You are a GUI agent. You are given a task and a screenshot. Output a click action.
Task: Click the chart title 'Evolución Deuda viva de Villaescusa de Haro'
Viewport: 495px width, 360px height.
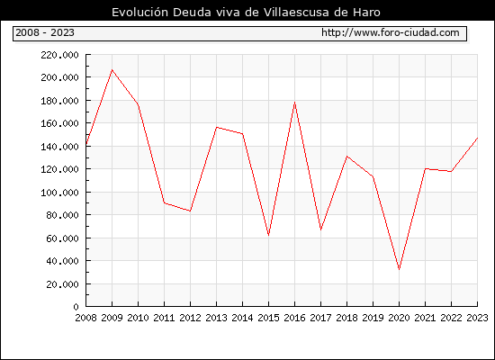(246, 13)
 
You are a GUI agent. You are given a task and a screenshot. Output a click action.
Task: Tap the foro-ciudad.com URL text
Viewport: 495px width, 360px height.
(391, 32)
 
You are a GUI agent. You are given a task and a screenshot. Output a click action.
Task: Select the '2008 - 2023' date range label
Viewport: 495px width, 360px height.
(45, 32)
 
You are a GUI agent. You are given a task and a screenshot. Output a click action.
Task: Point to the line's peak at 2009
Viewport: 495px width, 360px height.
(112, 70)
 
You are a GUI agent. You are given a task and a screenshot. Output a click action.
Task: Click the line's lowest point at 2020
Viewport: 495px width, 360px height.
(400, 269)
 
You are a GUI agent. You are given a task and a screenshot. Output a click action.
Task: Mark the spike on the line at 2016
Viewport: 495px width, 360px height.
(294, 103)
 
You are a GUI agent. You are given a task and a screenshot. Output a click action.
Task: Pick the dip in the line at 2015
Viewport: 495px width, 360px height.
(269, 235)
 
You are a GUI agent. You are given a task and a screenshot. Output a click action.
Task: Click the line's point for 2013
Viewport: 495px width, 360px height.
(217, 127)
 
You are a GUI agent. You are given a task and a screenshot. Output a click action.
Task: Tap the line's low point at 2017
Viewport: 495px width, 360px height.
(320, 229)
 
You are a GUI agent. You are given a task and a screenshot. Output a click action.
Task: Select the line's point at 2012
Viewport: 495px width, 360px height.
(191, 211)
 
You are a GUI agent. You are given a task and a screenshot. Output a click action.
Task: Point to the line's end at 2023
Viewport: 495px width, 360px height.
(477, 138)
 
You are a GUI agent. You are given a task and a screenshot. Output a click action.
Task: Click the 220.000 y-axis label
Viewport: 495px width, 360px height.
(59, 55)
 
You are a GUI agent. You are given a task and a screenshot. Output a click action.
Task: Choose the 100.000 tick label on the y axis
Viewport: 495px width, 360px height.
(59, 193)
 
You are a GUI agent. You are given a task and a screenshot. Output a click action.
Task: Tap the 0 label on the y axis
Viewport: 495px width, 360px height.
(76, 307)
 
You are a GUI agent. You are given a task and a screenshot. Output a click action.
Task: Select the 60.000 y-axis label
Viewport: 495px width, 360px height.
(62, 238)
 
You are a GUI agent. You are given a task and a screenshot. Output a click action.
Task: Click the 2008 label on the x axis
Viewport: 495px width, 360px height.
(85, 318)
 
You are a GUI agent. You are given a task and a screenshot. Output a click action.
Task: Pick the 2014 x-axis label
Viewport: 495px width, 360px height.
(242, 318)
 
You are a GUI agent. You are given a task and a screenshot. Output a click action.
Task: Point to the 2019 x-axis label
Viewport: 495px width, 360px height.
(373, 318)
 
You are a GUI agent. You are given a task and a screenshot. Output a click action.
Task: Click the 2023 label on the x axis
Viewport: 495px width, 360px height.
(477, 318)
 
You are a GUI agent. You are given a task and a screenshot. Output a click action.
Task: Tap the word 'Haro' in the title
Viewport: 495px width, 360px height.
(367, 13)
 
